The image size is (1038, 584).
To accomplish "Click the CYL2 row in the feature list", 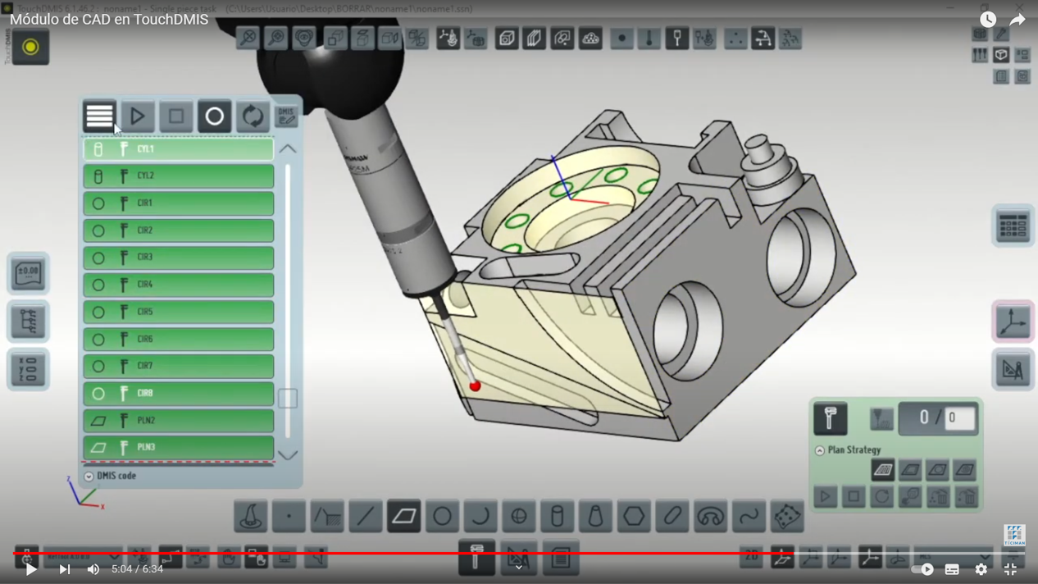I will [178, 176].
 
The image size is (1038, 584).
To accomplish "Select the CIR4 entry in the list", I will [178, 285].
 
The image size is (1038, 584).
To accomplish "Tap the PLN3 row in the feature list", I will [178, 448].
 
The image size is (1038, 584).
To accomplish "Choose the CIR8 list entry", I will [178, 394].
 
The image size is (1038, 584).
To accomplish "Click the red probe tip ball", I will [475, 386].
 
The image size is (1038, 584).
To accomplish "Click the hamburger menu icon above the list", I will [99, 116].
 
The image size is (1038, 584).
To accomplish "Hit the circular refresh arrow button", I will [253, 116].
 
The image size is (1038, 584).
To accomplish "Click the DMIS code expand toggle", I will [89, 477].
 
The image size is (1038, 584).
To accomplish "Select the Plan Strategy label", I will [854, 450].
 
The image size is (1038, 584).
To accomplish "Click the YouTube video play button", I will [31, 569].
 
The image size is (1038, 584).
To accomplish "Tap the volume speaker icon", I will [93, 569].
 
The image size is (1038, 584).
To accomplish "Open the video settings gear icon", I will [981, 569].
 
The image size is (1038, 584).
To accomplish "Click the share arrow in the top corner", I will [1018, 20].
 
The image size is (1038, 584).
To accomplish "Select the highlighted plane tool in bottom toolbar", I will [403, 517].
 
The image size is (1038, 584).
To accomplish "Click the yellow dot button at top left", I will [30, 48].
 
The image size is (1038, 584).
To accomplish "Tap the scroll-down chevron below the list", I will [287, 455].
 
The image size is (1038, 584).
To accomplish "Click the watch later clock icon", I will [988, 20].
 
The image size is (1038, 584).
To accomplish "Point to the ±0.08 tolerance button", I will [28, 273].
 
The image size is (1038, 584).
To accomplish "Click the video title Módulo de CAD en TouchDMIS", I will [109, 20].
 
